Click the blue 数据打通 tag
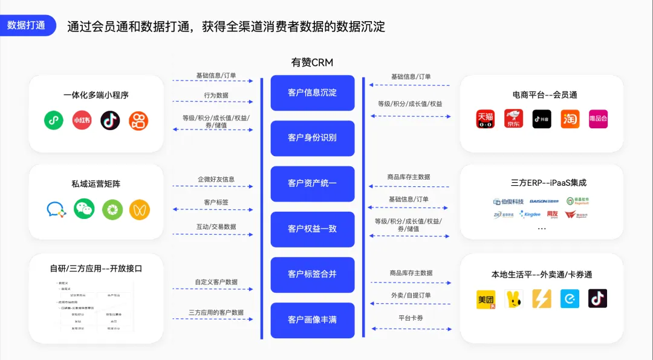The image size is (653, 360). click(x=27, y=25)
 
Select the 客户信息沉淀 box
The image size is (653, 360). click(x=312, y=93)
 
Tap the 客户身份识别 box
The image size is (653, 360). click(x=312, y=138)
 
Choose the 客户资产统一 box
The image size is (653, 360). click(x=312, y=183)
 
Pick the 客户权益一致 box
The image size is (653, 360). click(x=312, y=229)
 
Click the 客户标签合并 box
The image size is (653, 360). click(x=312, y=274)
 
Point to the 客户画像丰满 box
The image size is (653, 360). click(x=312, y=319)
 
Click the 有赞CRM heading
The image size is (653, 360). click(x=312, y=62)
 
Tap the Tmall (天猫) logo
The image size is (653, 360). click(x=486, y=119)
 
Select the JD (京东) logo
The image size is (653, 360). click(x=514, y=119)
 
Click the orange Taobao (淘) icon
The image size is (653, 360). click(x=570, y=119)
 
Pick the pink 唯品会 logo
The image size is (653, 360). click(x=598, y=119)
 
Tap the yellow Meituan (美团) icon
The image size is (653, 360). click(x=486, y=298)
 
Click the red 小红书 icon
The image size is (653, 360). click(x=82, y=120)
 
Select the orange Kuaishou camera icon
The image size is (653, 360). click(x=138, y=120)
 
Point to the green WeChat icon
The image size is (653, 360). click(x=84, y=209)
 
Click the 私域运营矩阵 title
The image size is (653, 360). click(x=96, y=184)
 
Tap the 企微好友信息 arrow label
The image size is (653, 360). click(x=216, y=180)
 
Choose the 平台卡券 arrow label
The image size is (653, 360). click(x=411, y=318)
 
